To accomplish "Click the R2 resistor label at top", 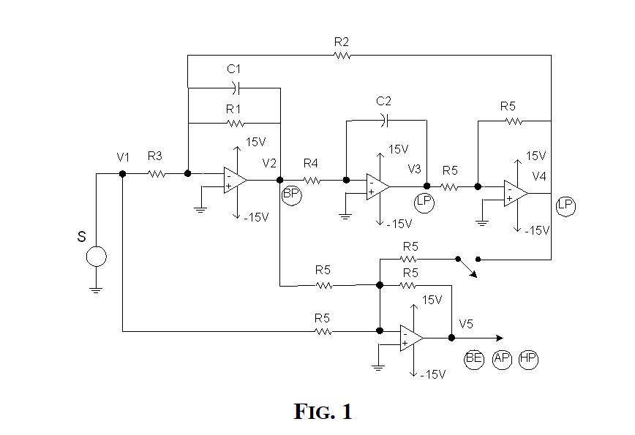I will [342, 42].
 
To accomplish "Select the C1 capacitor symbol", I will [235, 88].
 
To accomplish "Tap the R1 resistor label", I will [233, 109].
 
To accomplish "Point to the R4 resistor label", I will [310, 162].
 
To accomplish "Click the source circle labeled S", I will [96, 257].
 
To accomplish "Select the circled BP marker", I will [290, 193].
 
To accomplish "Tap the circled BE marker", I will [474, 359].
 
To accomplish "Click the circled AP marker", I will [501, 359].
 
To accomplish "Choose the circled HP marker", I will [527, 359].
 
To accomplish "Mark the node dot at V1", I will [122, 174].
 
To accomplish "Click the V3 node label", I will [415, 169].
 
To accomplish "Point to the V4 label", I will [539, 176].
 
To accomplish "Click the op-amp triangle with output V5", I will [411, 338].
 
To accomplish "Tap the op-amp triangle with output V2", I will [235, 180].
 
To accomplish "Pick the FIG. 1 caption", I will [323, 412].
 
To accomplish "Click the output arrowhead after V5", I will [500, 338].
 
